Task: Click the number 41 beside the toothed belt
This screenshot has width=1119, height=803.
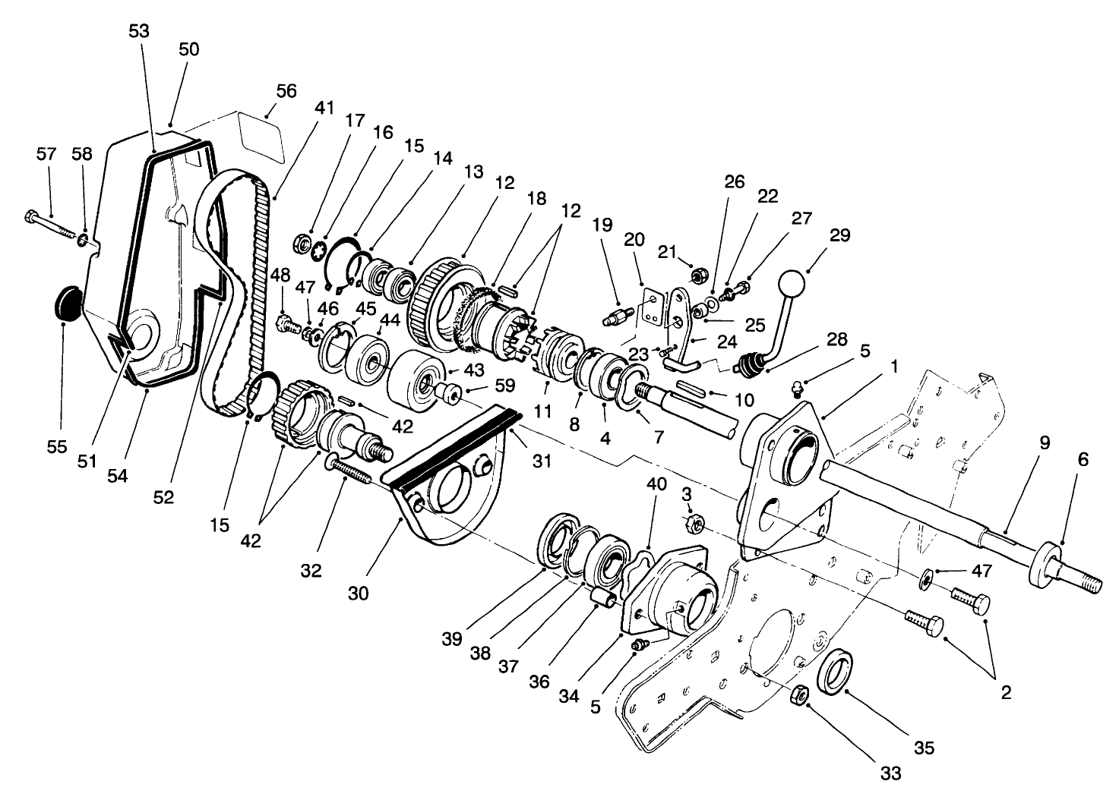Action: [324, 108]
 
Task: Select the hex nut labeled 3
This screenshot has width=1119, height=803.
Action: [694, 522]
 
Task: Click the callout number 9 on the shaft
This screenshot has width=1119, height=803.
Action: [1045, 443]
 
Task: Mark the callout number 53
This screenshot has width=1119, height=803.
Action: [139, 31]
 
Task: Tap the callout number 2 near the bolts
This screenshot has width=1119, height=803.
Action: [1006, 692]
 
